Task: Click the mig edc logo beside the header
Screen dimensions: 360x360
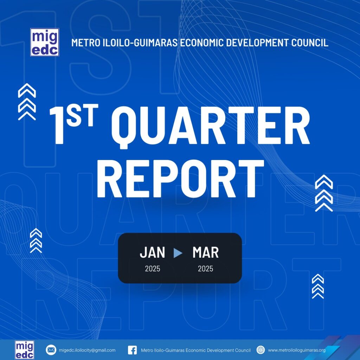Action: point(45,42)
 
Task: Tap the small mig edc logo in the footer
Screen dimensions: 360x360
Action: point(25,350)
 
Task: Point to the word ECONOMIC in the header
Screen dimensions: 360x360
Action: point(201,43)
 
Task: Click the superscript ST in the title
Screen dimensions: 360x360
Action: point(82,115)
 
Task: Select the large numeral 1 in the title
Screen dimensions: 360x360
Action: point(57,126)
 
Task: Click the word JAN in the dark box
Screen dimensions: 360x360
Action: point(153,252)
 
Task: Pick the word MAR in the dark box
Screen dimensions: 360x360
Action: point(205,252)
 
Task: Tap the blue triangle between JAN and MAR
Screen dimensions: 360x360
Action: point(178,253)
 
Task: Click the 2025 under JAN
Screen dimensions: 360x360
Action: point(153,269)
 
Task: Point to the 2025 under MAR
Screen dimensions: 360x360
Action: point(205,269)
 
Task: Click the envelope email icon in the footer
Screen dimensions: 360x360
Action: point(51,350)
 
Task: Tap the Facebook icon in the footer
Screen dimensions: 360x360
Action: point(133,350)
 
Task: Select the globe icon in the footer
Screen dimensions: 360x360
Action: point(261,350)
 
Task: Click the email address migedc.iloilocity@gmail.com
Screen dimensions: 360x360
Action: point(87,350)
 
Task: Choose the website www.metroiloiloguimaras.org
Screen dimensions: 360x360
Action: point(297,350)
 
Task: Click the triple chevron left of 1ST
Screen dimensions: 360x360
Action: point(27,102)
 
